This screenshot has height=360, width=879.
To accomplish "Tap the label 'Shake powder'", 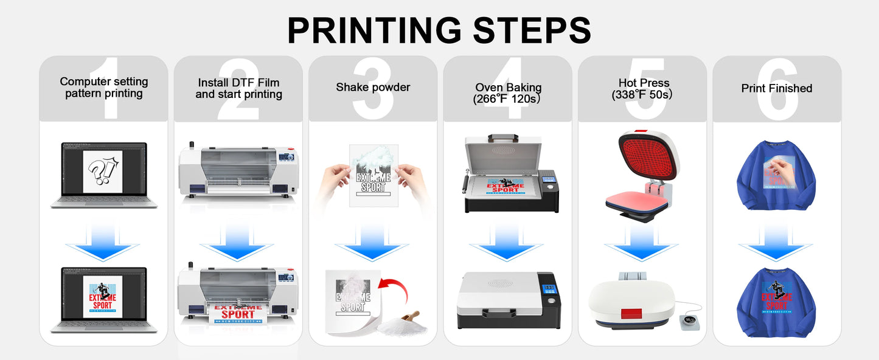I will (x=373, y=88).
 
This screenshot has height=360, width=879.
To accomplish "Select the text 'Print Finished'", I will (x=777, y=89).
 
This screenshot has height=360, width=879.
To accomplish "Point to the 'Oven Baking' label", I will (x=508, y=88).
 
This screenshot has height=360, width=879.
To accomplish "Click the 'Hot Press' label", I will (x=644, y=83).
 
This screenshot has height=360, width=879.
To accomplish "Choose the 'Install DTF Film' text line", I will (x=238, y=83).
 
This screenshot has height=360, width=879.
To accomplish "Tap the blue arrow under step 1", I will (x=102, y=241).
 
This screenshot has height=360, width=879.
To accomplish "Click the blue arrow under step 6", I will (x=776, y=241).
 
